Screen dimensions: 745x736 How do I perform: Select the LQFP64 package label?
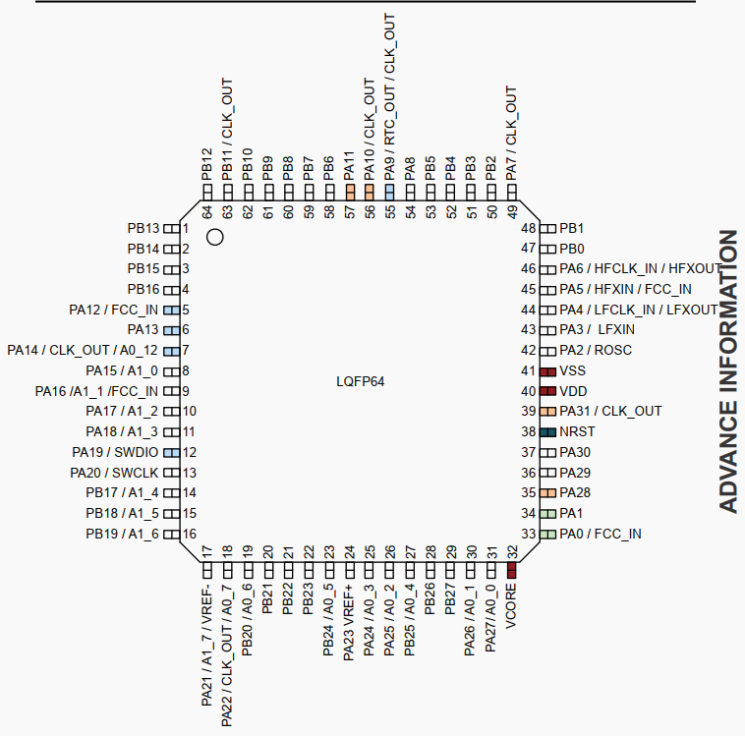[x=360, y=381]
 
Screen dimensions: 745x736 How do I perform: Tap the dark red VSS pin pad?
[x=547, y=371]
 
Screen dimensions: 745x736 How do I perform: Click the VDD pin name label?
[x=573, y=391]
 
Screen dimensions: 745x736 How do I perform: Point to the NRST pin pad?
[x=547, y=432]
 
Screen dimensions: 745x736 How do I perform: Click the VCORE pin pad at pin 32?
[x=512, y=570]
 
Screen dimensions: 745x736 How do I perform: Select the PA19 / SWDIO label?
[x=115, y=452]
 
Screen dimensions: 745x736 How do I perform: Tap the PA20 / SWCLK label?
[x=114, y=473]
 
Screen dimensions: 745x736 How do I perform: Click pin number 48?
[x=529, y=229]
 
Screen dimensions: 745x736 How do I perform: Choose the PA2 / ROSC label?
[x=596, y=350]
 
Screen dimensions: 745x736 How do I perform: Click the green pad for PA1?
[x=547, y=514]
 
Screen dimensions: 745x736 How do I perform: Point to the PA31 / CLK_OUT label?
[x=610, y=411]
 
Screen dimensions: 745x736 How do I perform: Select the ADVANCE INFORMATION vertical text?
[x=728, y=371]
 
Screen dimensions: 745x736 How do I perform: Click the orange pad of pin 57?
[x=350, y=193]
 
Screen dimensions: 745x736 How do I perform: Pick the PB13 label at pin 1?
[x=143, y=229]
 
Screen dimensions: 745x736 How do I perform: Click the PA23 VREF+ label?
[x=349, y=622]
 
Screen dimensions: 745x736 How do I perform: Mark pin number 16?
[x=190, y=534]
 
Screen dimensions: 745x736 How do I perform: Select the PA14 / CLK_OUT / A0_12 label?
[x=83, y=350]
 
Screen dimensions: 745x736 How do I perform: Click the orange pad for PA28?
[x=547, y=493]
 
